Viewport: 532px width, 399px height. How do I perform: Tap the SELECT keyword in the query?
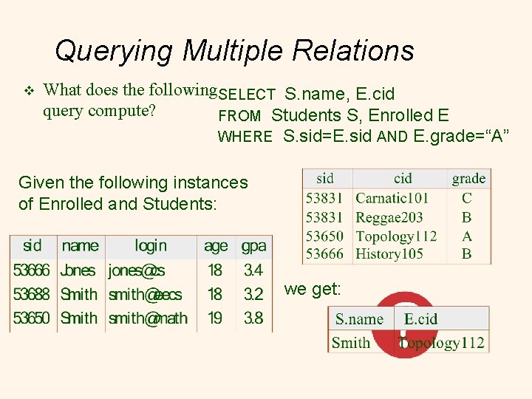pos(247,95)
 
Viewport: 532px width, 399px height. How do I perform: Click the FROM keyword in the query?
pos(239,116)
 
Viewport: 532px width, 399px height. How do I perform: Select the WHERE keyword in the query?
pos(245,137)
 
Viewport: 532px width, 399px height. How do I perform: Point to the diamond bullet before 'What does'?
pos(29,91)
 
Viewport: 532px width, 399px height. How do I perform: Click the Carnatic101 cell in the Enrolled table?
pos(392,198)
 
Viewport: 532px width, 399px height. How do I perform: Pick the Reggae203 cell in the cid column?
pos(389,217)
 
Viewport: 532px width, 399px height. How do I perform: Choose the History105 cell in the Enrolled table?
pos(389,254)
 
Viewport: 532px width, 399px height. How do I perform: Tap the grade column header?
pos(468,178)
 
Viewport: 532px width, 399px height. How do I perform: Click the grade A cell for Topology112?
pos(467,236)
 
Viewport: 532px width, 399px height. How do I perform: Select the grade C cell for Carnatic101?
pos(467,198)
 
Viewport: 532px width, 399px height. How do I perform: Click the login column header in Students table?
pos(150,245)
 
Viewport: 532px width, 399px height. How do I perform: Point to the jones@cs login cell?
pos(136,270)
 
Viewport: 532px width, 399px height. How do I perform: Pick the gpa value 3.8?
pos(253,318)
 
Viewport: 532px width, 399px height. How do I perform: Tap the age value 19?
pos(215,318)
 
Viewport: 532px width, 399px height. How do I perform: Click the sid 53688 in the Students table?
pos(31,294)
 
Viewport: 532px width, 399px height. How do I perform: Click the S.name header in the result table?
pos(359,319)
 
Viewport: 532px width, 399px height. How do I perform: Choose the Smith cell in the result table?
pos(351,342)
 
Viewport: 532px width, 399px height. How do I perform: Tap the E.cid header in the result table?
pos(420,319)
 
